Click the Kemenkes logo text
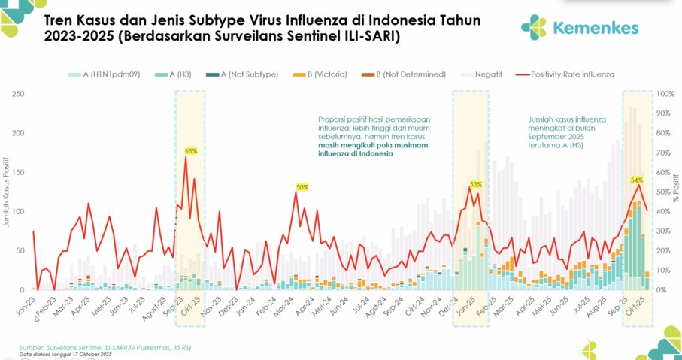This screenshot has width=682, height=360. coord(596,28)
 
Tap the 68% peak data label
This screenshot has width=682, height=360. coord(191,151)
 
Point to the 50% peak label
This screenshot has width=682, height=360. coord(302,187)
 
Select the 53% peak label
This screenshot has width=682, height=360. coord(475,183)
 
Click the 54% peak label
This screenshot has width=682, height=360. coord(637,180)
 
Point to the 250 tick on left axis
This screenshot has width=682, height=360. coord(17,94)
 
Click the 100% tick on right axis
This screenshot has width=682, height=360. coord(665,94)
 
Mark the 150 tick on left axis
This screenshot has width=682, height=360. coord(17,173)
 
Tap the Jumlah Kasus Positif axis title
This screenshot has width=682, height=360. coord(6,192)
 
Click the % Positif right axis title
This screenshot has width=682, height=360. coord(677,192)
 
